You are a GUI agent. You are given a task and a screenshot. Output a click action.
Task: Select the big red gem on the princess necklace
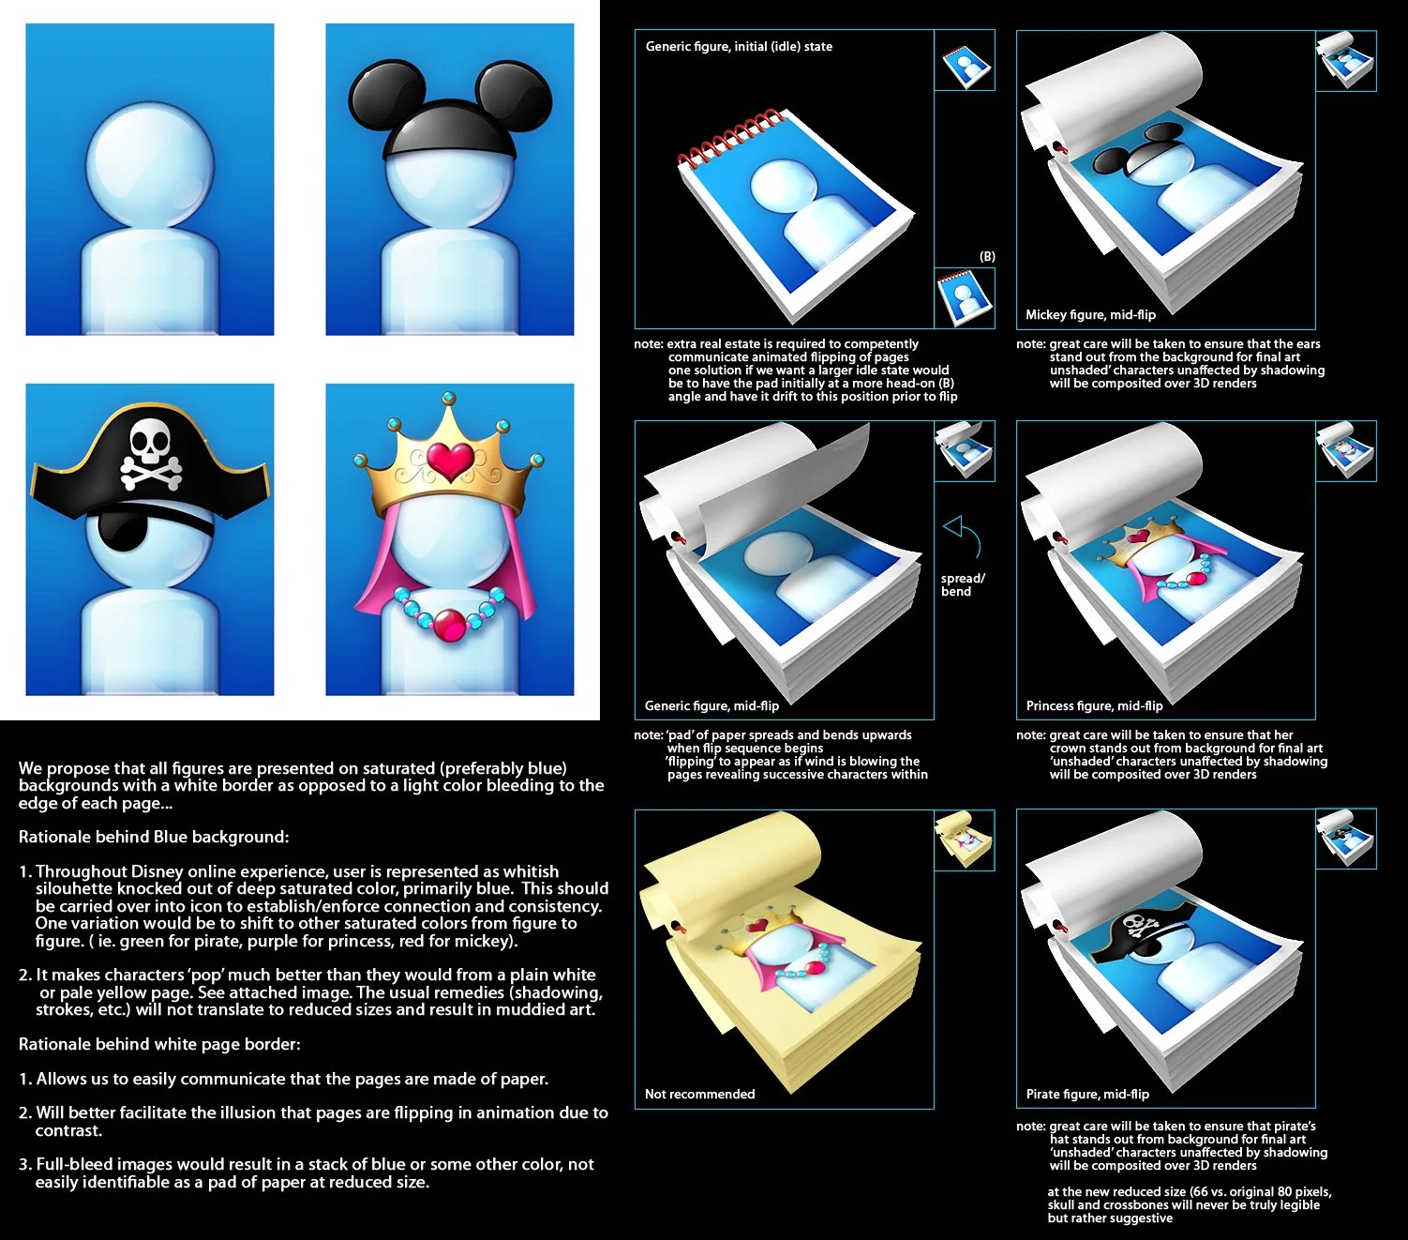tap(450, 623)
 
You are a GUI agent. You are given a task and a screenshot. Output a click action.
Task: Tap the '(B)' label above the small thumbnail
tap(987, 256)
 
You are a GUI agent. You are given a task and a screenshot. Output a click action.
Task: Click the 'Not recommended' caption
tap(699, 1094)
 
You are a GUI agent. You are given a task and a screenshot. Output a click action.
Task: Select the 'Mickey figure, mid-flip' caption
tap(1090, 314)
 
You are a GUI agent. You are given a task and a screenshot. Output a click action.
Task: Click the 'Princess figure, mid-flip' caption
tap(1094, 705)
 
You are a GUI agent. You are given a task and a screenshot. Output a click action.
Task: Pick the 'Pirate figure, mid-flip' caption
tap(1087, 1094)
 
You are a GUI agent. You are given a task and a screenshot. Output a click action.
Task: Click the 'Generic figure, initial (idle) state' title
tap(739, 46)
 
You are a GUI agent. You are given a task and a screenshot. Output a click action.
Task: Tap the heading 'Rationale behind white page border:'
tap(159, 1044)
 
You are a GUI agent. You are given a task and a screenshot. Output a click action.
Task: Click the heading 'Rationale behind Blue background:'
tap(154, 837)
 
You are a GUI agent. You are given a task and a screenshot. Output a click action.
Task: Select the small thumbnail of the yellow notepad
tap(965, 839)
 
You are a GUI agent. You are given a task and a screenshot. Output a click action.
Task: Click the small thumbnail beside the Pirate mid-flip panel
tap(1346, 838)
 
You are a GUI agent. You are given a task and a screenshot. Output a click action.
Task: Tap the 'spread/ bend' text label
tap(962, 584)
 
